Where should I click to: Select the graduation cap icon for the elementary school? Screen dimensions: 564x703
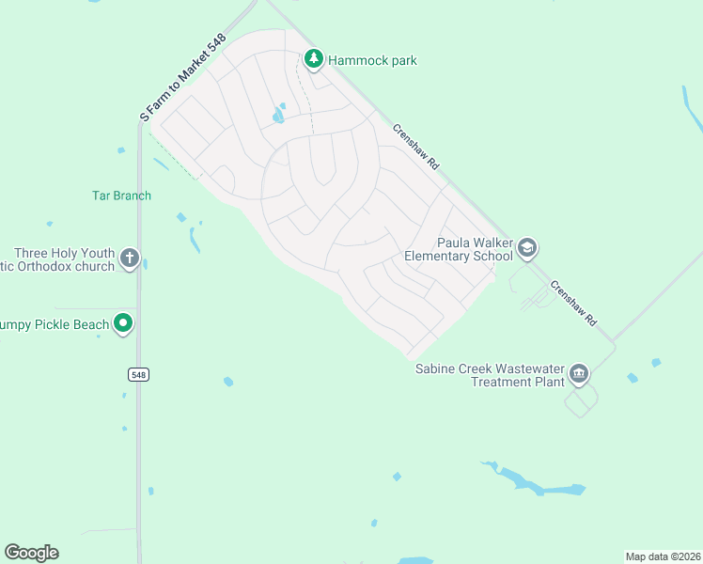527,248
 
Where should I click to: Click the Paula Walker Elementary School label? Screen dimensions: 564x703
459,249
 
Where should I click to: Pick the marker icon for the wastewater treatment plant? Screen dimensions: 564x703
579,375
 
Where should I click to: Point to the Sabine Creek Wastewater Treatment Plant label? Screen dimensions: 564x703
491,375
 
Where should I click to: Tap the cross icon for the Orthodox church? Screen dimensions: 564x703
130,258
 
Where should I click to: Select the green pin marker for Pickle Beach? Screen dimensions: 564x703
123,324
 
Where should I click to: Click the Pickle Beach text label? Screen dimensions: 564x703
55,325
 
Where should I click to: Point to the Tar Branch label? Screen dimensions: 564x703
121,196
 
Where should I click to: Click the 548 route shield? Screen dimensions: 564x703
138,374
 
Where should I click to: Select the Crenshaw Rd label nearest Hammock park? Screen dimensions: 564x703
416,148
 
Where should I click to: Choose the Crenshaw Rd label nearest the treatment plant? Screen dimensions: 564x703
574,304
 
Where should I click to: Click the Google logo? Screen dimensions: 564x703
31,553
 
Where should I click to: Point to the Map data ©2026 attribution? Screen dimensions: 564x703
663,556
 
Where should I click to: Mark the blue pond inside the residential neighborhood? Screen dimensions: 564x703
278,115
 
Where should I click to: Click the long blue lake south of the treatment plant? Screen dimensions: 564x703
536,485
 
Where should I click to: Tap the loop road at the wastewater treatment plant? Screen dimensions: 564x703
580,403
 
